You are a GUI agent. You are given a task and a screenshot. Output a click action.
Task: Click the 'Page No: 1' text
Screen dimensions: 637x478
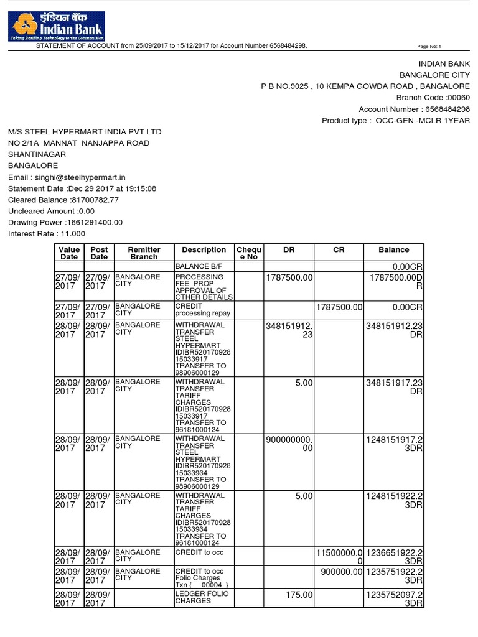click(428, 47)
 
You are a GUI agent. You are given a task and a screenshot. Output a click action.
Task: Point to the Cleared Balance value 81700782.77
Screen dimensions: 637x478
click(95, 200)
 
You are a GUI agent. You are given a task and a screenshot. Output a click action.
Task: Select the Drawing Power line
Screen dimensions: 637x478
click(65, 222)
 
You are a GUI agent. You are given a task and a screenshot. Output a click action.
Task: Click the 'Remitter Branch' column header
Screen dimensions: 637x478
click(144, 253)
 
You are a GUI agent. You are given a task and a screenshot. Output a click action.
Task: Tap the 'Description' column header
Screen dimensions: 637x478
click(204, 249)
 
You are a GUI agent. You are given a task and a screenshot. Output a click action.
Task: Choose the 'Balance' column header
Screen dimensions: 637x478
click(394, 249)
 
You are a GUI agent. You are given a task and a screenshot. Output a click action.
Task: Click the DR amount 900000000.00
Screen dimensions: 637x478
click(289, 444)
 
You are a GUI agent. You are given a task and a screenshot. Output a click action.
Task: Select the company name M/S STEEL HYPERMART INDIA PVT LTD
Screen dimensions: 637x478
click(85, 132)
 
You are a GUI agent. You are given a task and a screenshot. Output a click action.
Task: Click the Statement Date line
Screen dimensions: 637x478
click(82, 188)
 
